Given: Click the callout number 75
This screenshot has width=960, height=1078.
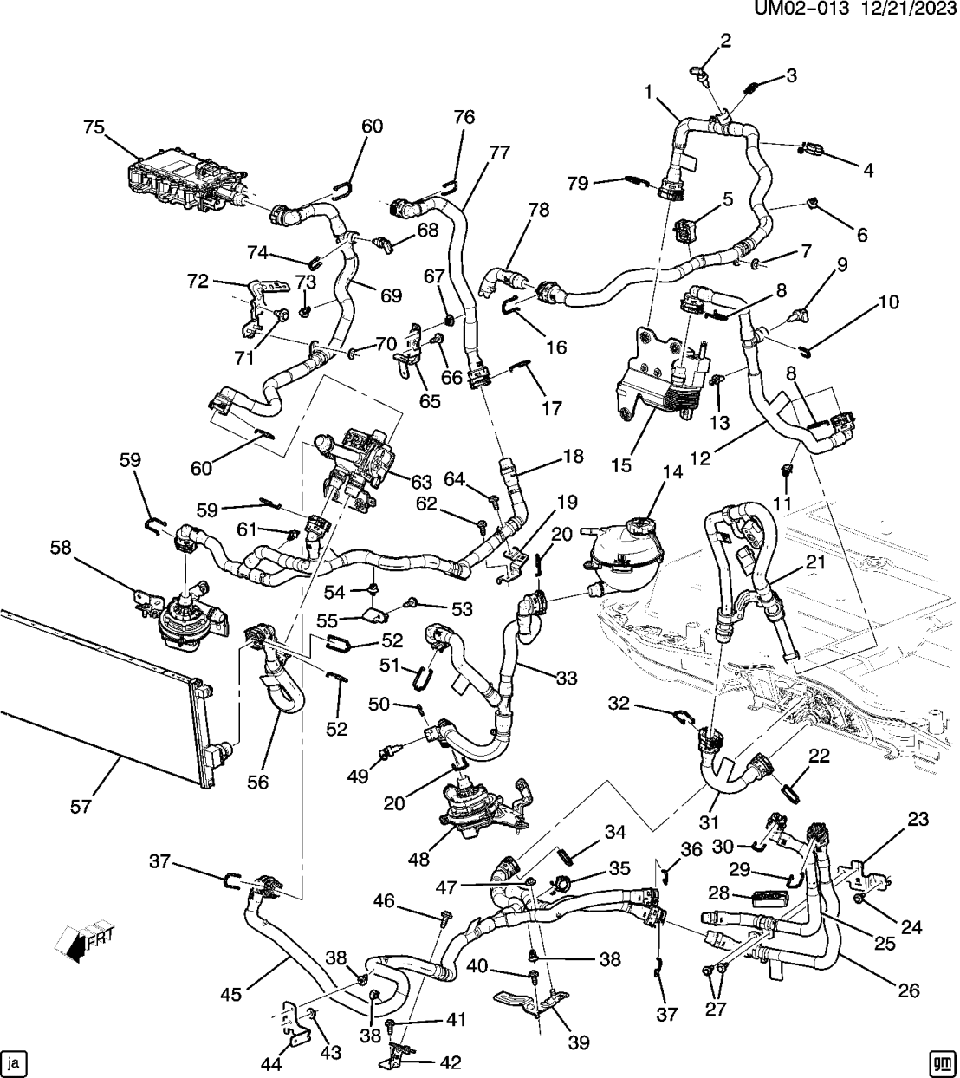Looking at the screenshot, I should [93, 128].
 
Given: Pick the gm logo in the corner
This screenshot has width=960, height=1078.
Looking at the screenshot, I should [942, 1061].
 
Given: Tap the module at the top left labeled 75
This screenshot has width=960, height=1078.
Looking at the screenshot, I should [182, 178].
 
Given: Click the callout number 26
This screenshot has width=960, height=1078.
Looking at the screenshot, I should [908, 990].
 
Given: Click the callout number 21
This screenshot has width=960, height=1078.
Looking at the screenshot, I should [815, 563].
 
